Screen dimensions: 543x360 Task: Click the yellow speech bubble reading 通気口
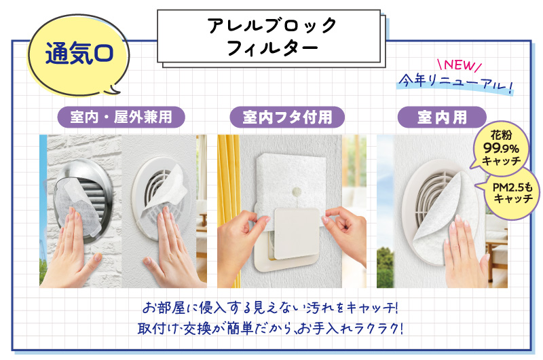click(x=78, y=56)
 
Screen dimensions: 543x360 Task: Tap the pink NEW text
click(x=460, y=65)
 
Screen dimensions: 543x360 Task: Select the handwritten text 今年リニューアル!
click(x=455, y=83)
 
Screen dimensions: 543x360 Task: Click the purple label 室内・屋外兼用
click(x=121, y=117)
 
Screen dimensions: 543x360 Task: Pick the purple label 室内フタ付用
click(x=287, y=117)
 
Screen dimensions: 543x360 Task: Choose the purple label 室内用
click(x=442, y=117)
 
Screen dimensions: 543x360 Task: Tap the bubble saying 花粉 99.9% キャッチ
click(x=501, y=147)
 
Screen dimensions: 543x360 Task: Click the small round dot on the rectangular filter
click(x=297, y=191)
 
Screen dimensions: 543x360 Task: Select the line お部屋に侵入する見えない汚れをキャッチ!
click(x=270, y=307)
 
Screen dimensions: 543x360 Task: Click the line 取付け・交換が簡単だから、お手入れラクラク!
click(x=270, y=328)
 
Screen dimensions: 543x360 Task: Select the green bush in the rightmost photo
click(x=385, y=268)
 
